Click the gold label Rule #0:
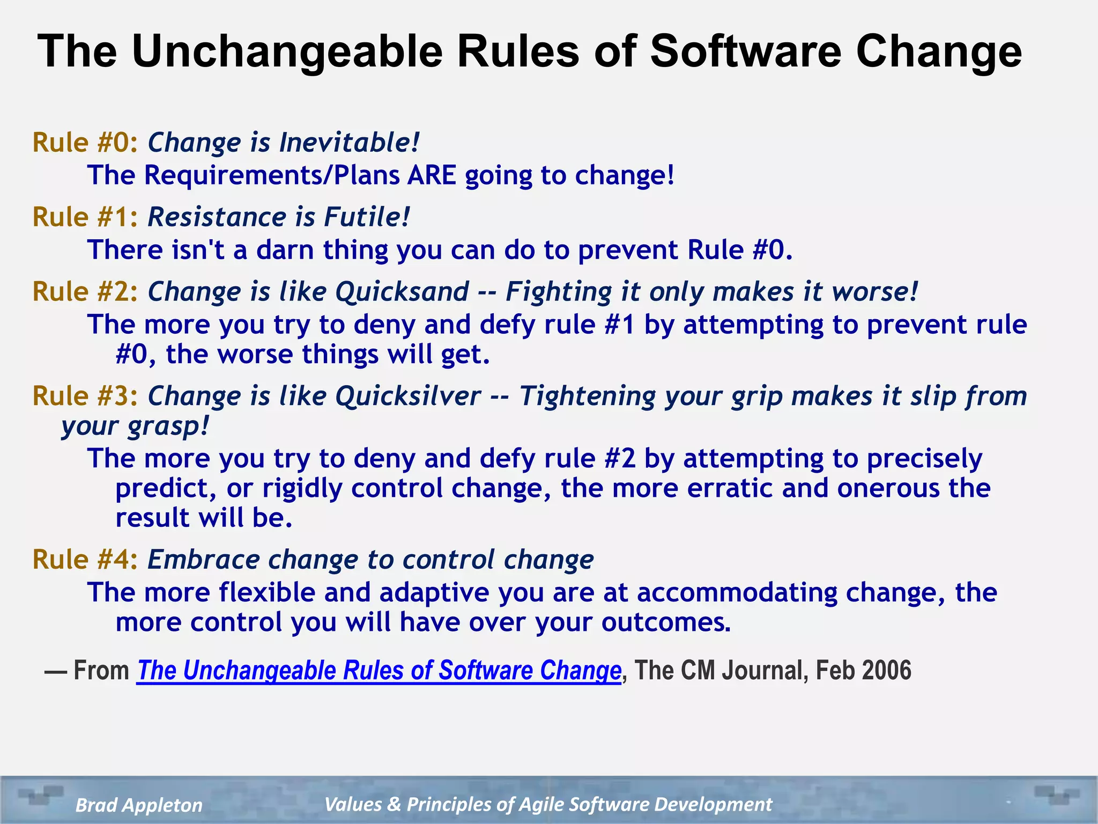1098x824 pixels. (85, 143)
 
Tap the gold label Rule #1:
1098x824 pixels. (85, 217)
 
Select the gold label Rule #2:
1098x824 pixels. (85, 292)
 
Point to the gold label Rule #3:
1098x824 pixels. (85, 396)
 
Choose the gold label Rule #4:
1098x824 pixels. (85, 560)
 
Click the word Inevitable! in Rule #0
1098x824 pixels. (349, 143)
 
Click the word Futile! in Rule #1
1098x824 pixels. (367, 217)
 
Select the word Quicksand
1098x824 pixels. (402, 292)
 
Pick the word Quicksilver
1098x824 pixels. (407, 396)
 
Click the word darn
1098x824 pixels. (284, 250)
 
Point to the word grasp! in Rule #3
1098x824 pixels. (168, 427)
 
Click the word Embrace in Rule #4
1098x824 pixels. (203, 560)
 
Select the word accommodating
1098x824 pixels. (737, 592)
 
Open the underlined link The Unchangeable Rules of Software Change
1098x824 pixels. (379, 671)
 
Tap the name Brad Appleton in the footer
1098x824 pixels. (139, 805)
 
